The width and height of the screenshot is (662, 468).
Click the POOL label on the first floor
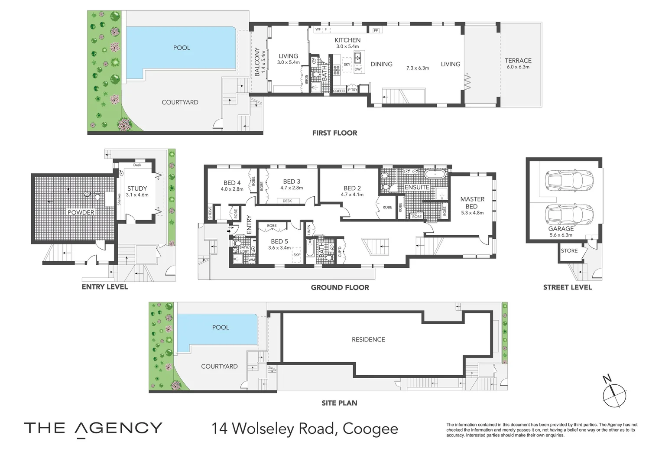click(x=182, y=48)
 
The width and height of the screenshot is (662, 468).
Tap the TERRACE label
click(x=518, y=61)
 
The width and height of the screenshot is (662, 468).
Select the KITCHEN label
click(x=347, y=40)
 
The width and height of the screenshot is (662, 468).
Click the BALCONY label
click(x=257, y=62)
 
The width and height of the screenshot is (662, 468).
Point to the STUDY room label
click(x=137, y=188)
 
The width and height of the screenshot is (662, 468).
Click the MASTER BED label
click(x=472, y=202)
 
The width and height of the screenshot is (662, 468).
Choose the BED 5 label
click(x=279, y=241)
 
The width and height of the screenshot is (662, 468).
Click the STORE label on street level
click(x=569, y=250)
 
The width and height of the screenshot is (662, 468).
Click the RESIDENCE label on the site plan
click(x=368, y=339)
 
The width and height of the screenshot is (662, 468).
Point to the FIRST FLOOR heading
click(x=334, y=133)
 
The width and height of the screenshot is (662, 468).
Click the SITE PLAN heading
click(x=339, y=403)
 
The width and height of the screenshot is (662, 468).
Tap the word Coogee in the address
click(x=370, y=429)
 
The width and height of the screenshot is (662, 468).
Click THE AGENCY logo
click(x=93, y=428)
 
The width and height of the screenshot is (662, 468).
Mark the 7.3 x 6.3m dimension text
click(x=417, y=68)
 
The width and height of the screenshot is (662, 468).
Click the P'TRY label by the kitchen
click(x=353, y=90)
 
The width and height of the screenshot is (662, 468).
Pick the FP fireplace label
click(x=376, y=30)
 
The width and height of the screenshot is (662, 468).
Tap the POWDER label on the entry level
click(x=81, y=212)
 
